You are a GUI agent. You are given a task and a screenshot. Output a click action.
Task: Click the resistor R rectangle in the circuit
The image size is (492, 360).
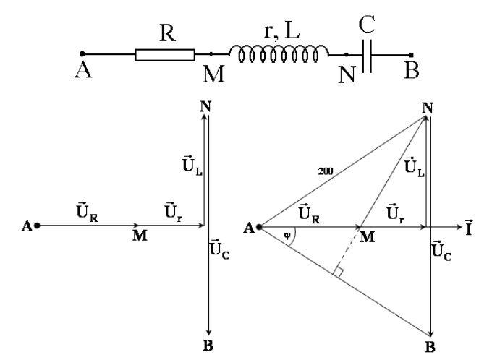click(164, 55)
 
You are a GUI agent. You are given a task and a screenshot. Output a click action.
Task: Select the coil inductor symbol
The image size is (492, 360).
click(279, 52)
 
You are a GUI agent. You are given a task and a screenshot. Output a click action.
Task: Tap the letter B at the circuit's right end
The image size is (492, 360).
click(413, 73)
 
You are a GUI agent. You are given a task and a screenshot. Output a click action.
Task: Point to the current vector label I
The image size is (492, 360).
click(473, 227)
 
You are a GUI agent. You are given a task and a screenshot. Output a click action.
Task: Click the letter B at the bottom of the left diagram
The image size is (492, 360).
click(208, 346)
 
